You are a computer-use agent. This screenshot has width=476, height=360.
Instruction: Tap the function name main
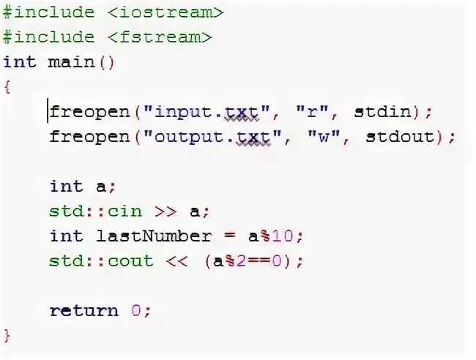pos(72,61)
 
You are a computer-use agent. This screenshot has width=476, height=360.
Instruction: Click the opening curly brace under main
pos(7,86)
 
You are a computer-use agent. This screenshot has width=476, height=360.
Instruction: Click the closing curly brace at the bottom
pos(7,335)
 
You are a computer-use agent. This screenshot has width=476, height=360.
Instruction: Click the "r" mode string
pos(310,112)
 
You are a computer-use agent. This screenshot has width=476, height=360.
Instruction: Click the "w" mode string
pos(322,137)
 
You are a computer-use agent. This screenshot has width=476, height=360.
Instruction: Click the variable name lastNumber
pos(154,236)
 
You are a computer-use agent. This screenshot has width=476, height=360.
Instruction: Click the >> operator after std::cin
pos(166,211)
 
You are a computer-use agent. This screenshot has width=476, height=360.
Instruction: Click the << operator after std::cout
pos(178,260)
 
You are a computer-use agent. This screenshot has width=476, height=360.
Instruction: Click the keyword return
pos(83,310)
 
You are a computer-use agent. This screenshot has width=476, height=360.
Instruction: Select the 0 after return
pos(137,310)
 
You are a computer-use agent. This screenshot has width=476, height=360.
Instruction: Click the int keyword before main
pos(20,61)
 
